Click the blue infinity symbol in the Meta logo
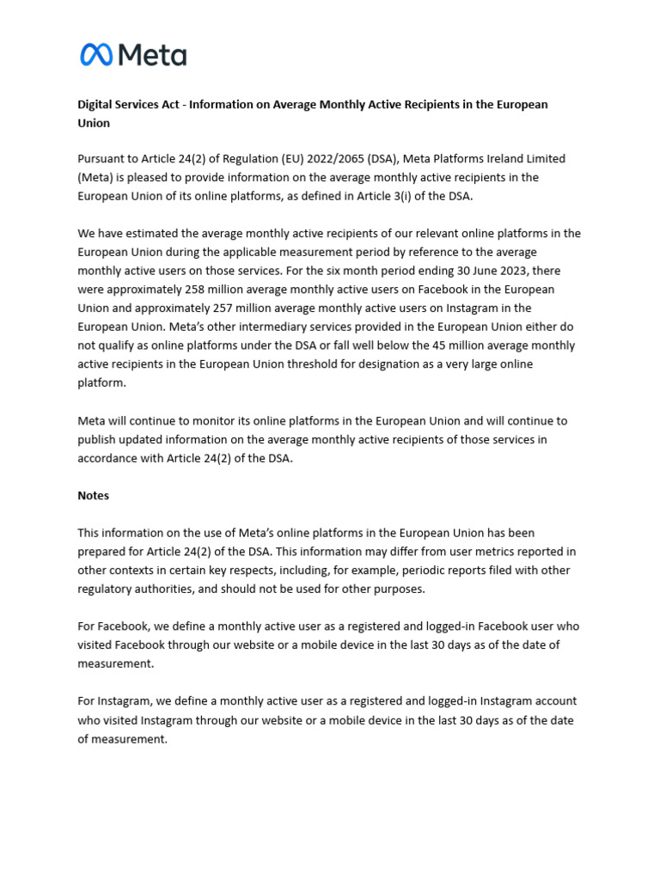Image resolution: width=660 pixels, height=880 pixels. [x=96, y=55]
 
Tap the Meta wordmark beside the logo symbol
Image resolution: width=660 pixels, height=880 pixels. [x=152, y=55]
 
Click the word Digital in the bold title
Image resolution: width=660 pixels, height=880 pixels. [x=97, y=104]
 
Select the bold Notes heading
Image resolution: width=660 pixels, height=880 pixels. [x=94, y=496]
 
